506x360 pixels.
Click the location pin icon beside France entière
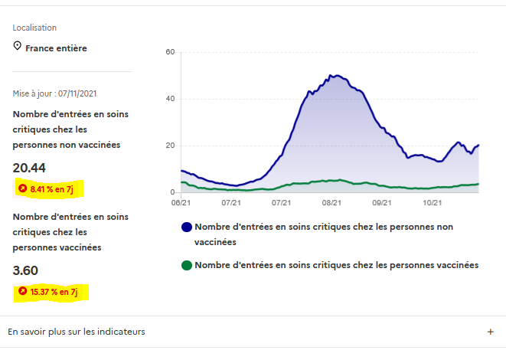(x=17, y=47)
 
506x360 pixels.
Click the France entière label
(x=56, y=48)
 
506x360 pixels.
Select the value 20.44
(x=29, y=168)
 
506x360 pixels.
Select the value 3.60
(x=25, y=270)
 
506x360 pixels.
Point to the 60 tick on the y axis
(x=171, y=52)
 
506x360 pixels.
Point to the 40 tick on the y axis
(x=171, y=99)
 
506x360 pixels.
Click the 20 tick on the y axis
(x=171, y=146)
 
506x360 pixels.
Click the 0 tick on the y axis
(x=173, y=192)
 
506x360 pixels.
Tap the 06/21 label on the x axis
(x=181, y=203)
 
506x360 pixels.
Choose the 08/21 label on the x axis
(x=331, y=203)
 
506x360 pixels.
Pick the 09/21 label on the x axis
(x=382, y=203)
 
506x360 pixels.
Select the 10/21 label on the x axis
(x=433, y=203)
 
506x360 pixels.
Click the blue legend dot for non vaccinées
(x=186, y=227)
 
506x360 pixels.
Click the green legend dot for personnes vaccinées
(x=186, y=266)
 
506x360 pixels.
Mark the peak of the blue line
(x=333, y=75)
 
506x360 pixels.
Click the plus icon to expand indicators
(x=490, y=332)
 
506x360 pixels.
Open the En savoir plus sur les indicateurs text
(x=77, y=332)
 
